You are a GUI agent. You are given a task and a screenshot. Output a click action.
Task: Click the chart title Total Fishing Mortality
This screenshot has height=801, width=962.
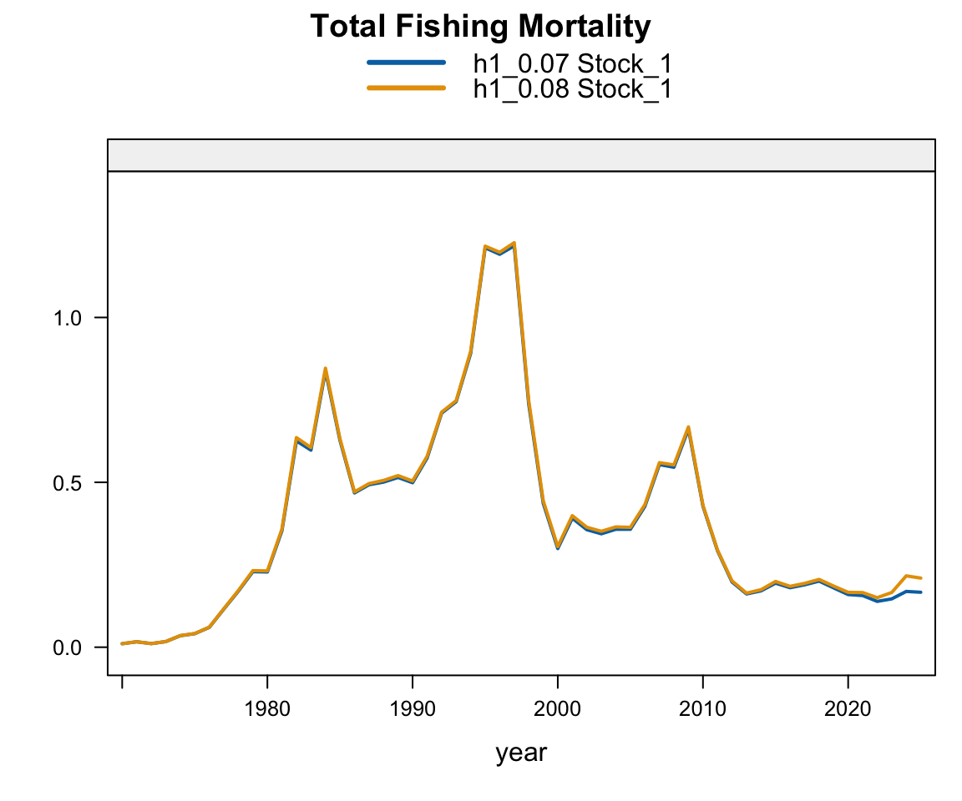point(480,27)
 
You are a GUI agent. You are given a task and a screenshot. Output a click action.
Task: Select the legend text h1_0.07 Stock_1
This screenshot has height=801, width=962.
point(572,63)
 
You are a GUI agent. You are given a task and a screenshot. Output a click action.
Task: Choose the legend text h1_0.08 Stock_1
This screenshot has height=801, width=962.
point(572,88)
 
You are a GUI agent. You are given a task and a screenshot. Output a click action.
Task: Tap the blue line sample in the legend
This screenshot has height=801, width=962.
point(406,63)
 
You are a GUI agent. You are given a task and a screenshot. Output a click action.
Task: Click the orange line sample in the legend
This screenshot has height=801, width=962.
point(406,88)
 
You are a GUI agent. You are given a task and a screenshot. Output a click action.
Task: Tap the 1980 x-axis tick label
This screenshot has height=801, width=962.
point(267,708)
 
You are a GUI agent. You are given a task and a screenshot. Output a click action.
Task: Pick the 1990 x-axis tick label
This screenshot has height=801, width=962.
point(413,708)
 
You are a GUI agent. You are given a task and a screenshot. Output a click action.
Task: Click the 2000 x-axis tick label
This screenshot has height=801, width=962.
point(558,708)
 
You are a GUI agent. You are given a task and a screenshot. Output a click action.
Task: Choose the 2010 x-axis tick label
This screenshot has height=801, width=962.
point(703,708)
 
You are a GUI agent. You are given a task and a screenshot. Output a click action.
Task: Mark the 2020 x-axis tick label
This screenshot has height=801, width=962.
point(848,708)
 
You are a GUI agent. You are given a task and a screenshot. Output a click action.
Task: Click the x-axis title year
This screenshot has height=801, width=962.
point(521,753)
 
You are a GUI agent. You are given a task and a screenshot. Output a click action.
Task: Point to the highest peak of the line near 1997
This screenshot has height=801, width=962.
point(514,243)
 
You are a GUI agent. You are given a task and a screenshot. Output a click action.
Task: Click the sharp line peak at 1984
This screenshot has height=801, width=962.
point(325,368)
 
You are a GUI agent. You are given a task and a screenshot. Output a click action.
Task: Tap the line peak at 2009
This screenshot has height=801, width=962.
point(688,427)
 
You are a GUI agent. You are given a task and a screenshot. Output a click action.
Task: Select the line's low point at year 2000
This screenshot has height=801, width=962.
point(558,547)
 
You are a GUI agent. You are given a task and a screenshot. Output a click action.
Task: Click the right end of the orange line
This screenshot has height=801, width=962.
point(921,577)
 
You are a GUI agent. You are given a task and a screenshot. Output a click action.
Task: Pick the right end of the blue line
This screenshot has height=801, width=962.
point(921,592)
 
